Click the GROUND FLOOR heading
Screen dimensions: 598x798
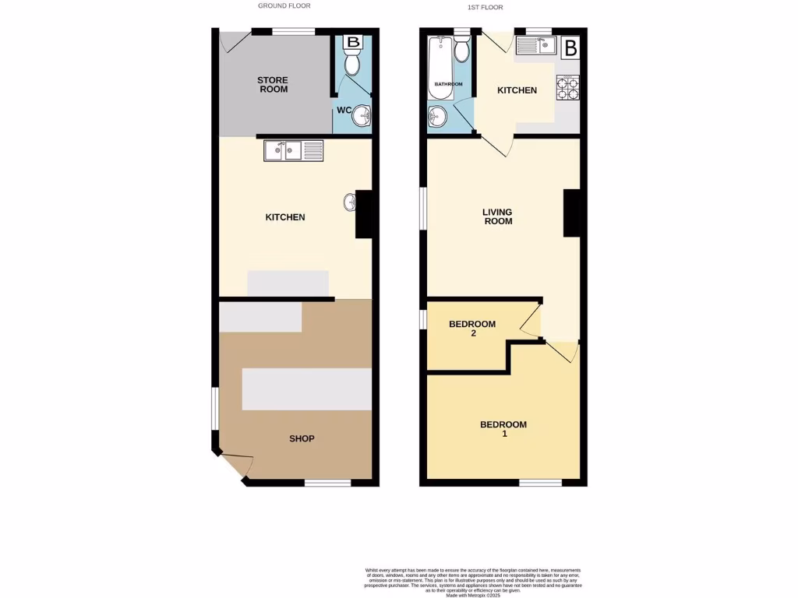click(x=284, y=5)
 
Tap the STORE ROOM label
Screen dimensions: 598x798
click(x=273, y=85)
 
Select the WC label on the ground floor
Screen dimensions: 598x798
click(x=344, y=110)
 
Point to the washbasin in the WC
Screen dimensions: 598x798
click(x=362, y=117)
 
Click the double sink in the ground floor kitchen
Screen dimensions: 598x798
click(x=293, y=150)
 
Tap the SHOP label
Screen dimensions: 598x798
click(x=302, y=438)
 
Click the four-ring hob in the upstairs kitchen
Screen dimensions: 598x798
click(x=567, y=88)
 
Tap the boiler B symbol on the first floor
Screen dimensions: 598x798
click(x=570, y=47)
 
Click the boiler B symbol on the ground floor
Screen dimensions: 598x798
click(x=353, y=41)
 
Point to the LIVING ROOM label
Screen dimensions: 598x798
click(x=497, y=216)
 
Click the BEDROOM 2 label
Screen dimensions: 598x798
click(x=472, y=329)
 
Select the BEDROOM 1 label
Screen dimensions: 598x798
click(x=503, y=429)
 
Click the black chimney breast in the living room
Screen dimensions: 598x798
click(x=572, y=213)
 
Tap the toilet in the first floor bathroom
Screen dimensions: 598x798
click(x=462, y=50)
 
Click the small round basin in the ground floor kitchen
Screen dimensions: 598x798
click(x=348, y=202)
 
